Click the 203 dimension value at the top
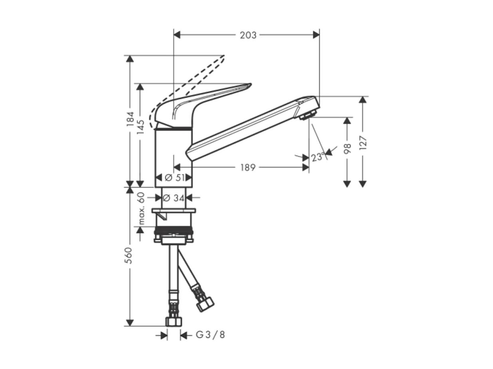(x=248, y=35)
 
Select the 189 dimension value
(x=248, y=168)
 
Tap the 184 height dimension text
(x=130, y=119)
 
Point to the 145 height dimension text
(x=140, y=127)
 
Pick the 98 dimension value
(x=347, y=148)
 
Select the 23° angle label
(x=318, y=157)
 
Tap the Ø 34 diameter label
(x=174, y=197)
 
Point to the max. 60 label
(x=141, y=208)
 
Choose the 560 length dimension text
(x=129, y=255)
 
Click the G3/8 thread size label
(x=210, y=335)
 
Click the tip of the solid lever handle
(x=250, y=85)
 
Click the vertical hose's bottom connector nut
(x=173, y=321)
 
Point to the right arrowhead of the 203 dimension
(x=316, y=35)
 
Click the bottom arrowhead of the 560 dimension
(x=130, y=322)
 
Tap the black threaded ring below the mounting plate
(x=173, y=230)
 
